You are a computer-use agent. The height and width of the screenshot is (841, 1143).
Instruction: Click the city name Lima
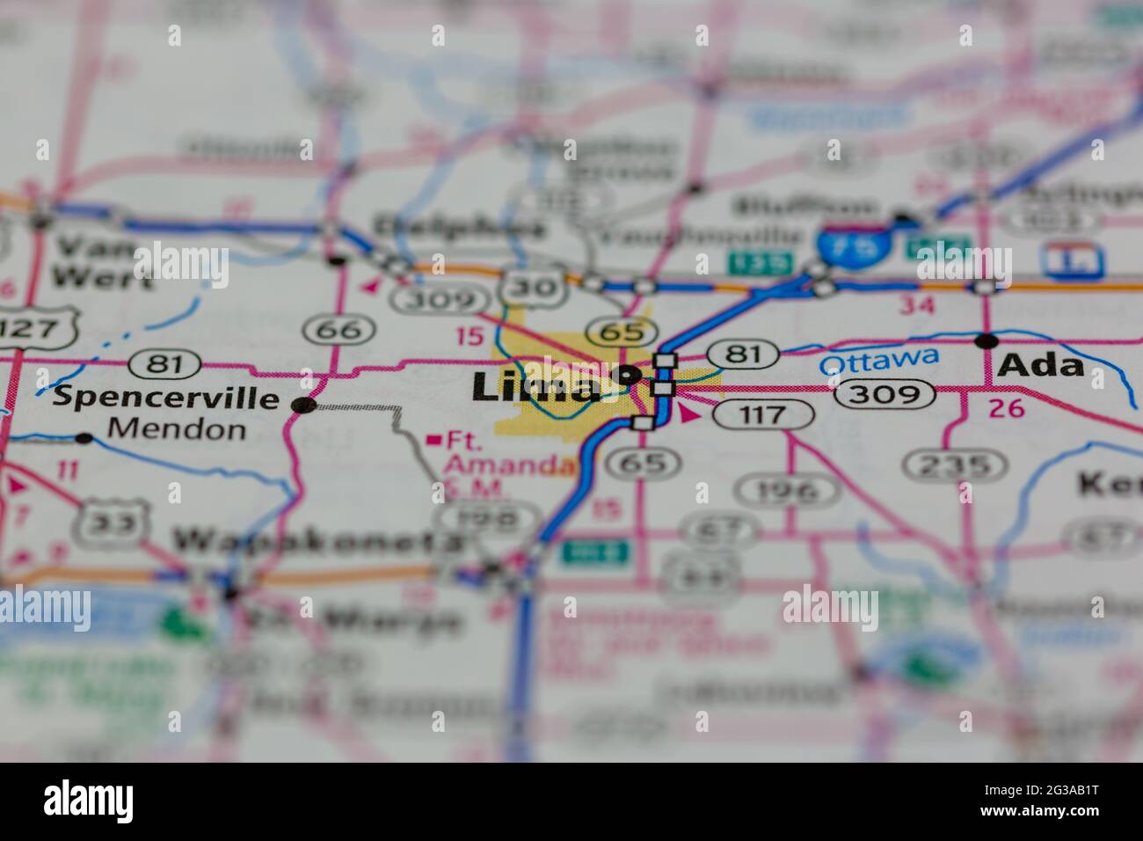536,387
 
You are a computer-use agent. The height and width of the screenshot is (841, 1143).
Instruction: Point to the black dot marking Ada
987,340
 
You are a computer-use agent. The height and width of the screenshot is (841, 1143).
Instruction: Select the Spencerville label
165,397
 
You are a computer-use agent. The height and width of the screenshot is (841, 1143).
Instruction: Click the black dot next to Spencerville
304,405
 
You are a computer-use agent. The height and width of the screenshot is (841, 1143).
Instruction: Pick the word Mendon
168,429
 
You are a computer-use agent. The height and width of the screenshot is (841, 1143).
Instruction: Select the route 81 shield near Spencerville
159,362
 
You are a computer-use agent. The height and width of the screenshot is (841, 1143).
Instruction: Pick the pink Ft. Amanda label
502,452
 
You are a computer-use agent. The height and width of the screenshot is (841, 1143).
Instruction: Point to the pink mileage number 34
915,305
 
